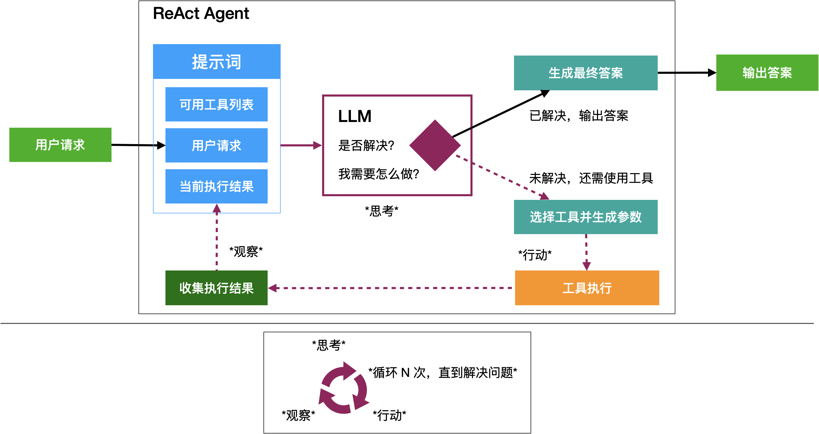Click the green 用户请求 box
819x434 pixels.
pos(60,145)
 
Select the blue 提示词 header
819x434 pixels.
pos(217,62)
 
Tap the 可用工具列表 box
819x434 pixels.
pos(217,104)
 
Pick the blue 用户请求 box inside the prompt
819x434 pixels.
pos(217,145)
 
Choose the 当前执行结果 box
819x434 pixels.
pos(217,186)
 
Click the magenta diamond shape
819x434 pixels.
pos(435,145)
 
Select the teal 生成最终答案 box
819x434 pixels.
pos(586,73)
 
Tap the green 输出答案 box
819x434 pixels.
pos(767,72)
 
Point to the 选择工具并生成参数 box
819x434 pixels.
pos(586,217)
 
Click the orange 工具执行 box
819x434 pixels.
pos(587,288)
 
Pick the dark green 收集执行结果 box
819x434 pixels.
pos(217,288)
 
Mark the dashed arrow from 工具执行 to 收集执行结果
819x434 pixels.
pos(391,288)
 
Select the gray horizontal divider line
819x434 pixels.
pos(407,323)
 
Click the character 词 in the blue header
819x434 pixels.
pos(233,62)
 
